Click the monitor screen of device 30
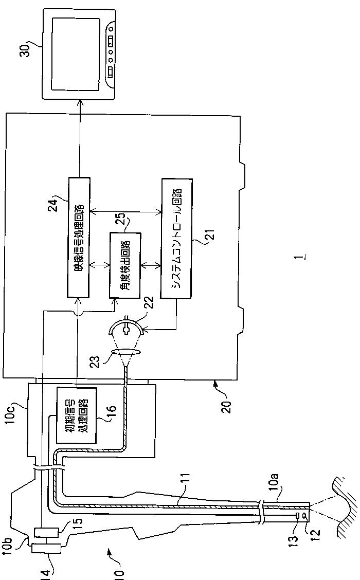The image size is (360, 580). click(x=76, y=53)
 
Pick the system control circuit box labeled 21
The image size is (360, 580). click(x=176, y=239)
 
